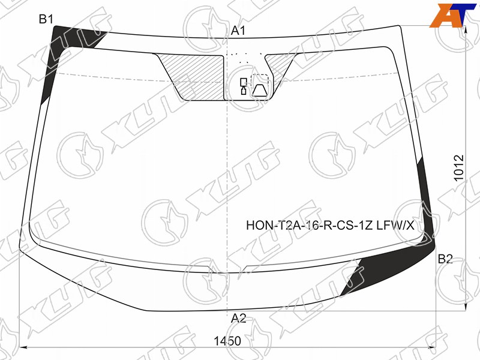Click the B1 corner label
(46, 19)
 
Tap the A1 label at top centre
(238, 31)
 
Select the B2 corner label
(445, 259)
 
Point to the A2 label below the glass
(238, 319)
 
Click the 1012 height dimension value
(459, 168)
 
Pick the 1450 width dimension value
(227, 341)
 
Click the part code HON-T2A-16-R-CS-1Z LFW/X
(331, 226)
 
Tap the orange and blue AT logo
(453, 16)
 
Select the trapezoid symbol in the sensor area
(260, 91)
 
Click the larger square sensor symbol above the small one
(244, 82)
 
